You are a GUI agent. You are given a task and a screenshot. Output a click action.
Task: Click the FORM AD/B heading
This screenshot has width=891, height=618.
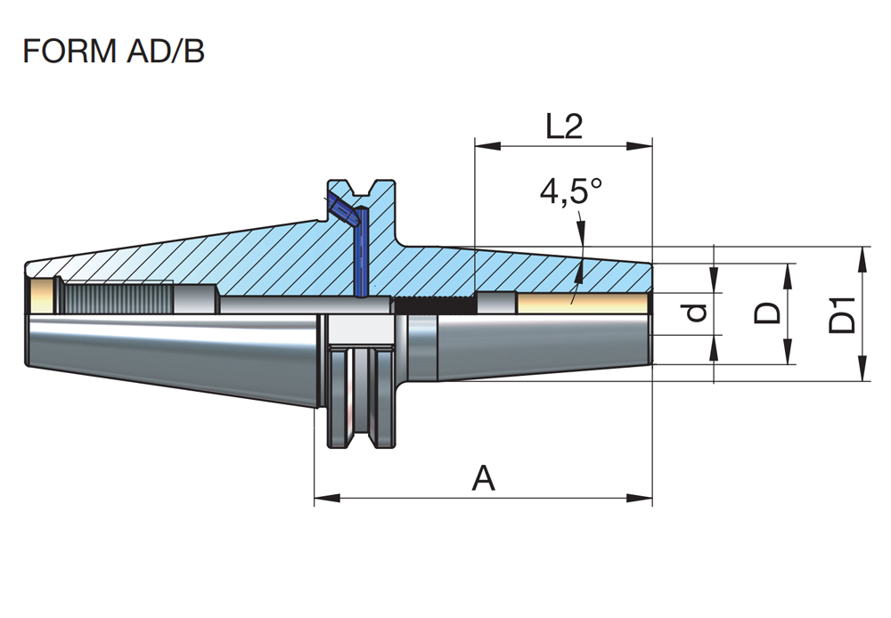pyautogui.click(x=113, y=52)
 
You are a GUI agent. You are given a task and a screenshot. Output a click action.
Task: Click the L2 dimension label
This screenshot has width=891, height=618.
pyautogui.click(x=563, y=127)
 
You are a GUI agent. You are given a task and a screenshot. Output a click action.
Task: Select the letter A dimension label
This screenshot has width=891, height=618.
pyautogui.click(x=483, y=479)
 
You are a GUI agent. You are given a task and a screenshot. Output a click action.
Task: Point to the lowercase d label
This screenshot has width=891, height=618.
pyautogui.click(x=698, y=313)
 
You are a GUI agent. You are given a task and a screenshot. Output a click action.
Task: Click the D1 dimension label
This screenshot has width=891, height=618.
pyautogui.click(x=842, y=313)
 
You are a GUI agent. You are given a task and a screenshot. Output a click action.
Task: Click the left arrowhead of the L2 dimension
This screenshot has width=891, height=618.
pyautogui.click(x=482, y=143)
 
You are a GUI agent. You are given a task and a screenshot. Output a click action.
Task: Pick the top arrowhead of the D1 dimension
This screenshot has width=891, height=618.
pyautogui.click(x=862, y=255)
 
